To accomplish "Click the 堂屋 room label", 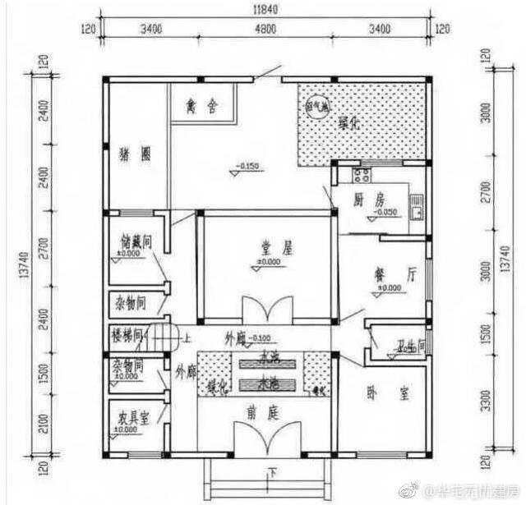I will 269,246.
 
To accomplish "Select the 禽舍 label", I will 201,106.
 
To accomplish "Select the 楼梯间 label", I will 127,335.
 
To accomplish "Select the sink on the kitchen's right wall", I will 418,205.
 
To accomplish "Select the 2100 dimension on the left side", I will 43,424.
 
